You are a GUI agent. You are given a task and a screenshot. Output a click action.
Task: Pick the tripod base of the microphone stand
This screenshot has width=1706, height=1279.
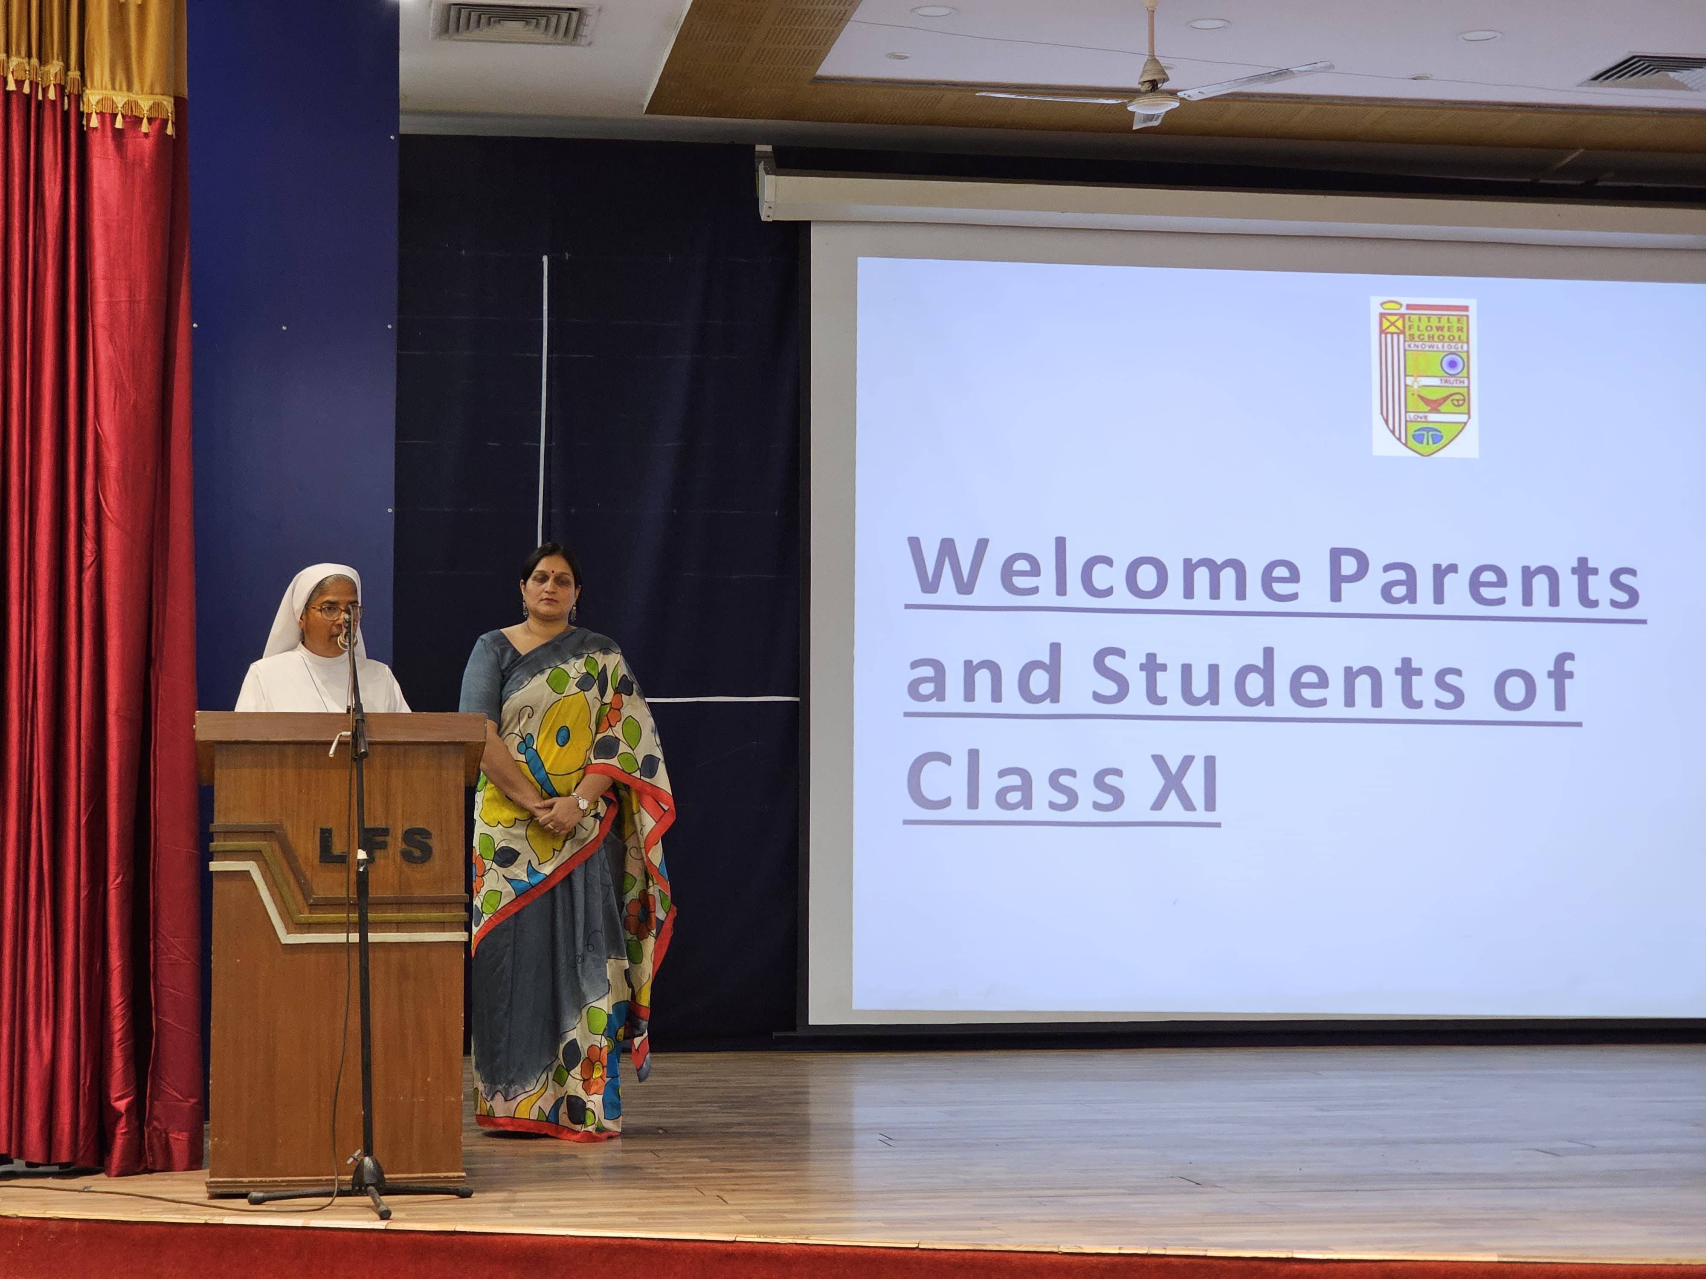tap(360, 1191)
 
